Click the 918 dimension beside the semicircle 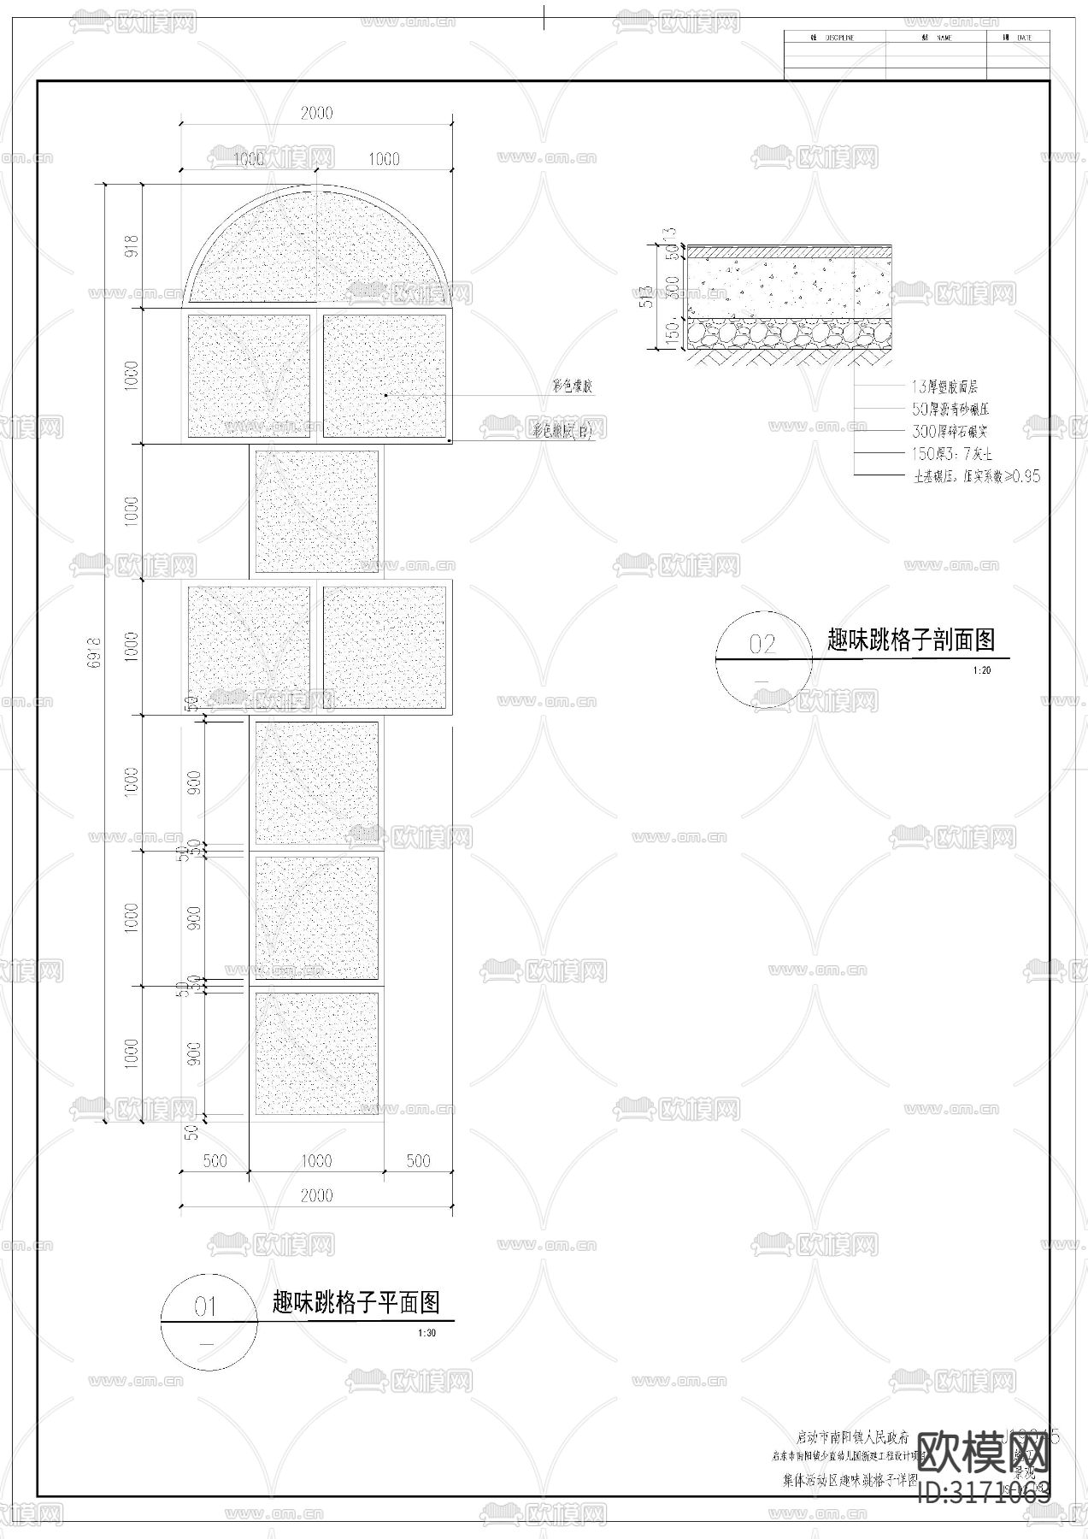pyautogui.click(x=131, y=247)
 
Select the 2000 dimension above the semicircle pyautogui.click(x=316, y=113)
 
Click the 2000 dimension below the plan pyautogui.click(x=316, y=1195)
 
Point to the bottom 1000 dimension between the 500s pyautogui.click(x=316, y=1160)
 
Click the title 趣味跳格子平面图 pyautogui.click(x=356, y=1302)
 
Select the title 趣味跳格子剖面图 pyautogui.click(x=911, y=640)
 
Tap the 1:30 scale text pyautogui.click(x=426, y=1333)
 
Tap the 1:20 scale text pyautogui.click(x=981, y=670)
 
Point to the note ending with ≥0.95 pyautogui.click(x=976, y=476)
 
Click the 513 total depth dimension pyautogui.click(x=646, y=295)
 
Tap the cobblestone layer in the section pyautogui.click(x=790, y=334)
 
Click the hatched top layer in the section pyautogui.click(x=790, y=252)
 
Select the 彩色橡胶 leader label pyautogui.click(x=573, y=386)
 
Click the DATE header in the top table pyautogui.click(x=1023, y=38)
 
